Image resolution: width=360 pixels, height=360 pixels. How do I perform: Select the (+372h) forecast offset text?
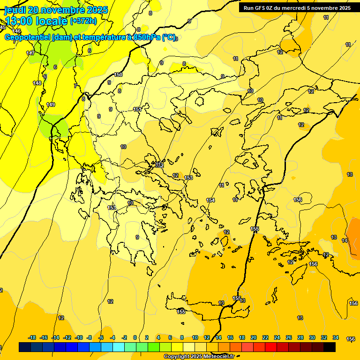83,21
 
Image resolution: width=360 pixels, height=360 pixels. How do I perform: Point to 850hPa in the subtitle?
146,37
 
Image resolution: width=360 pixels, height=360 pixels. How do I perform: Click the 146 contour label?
16,31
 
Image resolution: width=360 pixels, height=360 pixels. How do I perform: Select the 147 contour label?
30,53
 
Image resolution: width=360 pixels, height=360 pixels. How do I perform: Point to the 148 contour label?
37,83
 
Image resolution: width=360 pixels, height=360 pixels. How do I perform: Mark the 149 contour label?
51,105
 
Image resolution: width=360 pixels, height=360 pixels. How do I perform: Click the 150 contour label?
118,75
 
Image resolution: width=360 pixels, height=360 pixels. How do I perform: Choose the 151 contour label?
137,109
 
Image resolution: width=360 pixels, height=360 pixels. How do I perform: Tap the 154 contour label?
210,200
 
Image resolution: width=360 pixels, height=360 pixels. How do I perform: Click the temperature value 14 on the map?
345,240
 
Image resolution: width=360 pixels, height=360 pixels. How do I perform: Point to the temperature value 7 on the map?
75,86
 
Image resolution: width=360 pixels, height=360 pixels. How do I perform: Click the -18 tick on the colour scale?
32,337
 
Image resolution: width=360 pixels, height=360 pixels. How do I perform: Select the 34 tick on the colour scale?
335,337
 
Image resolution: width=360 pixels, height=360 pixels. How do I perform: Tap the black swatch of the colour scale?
329,347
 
